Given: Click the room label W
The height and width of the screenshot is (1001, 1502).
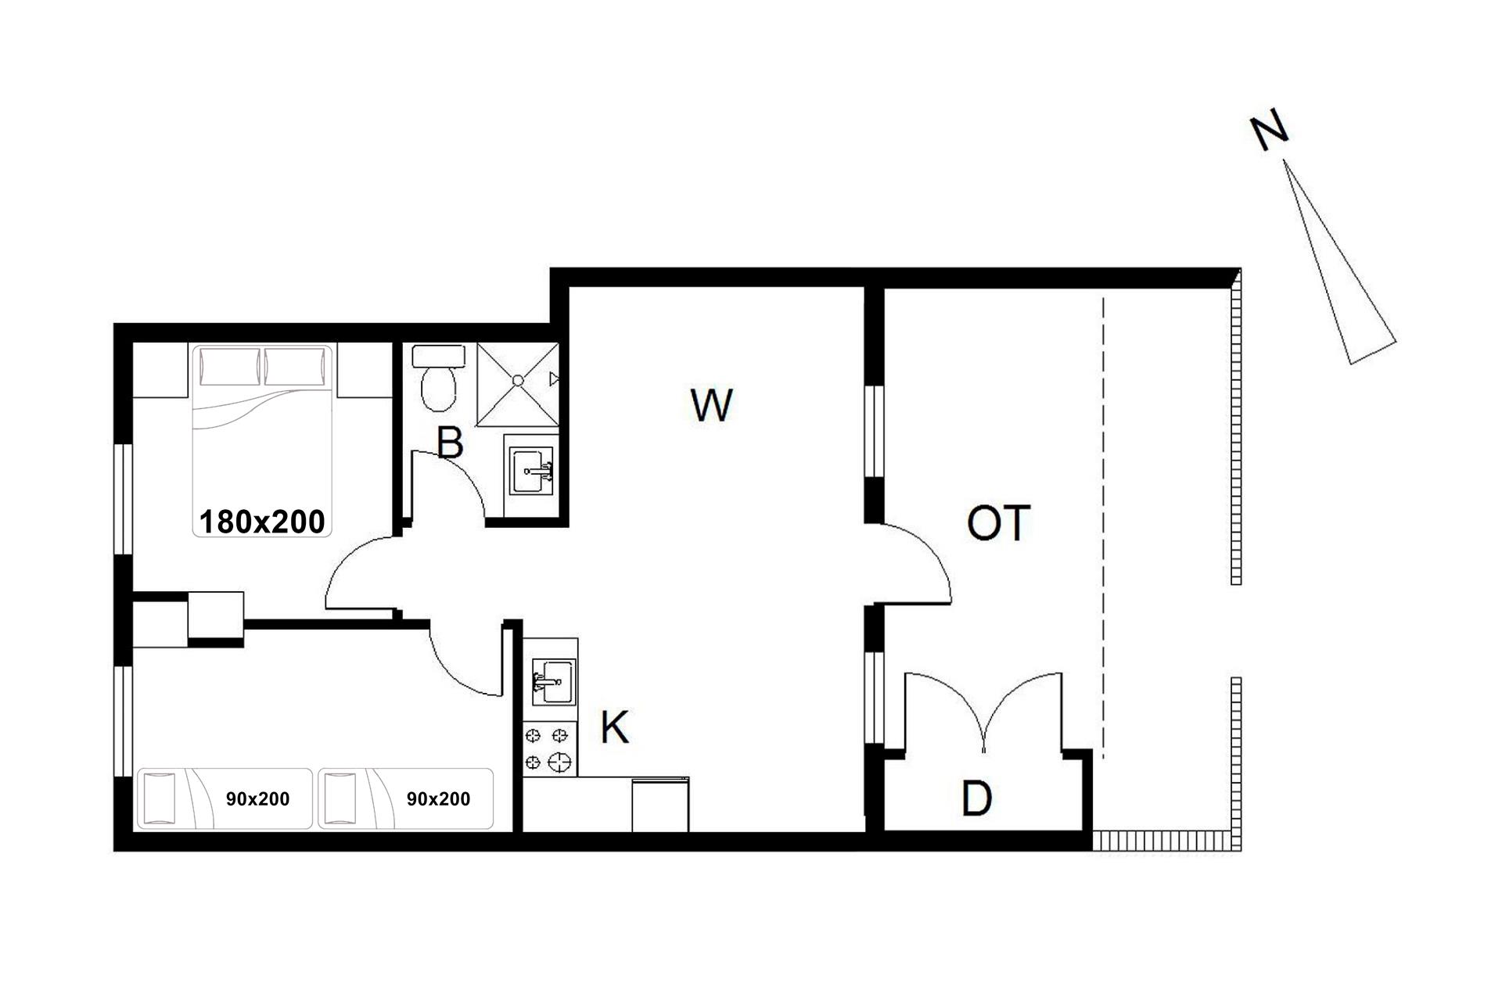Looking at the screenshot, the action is coord(712,404).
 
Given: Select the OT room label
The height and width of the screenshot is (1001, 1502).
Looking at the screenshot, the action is coord(998,523).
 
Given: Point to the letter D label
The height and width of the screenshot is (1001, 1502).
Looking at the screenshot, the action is coord(976,798).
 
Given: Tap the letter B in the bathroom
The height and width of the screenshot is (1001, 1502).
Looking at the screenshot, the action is coord(450,442).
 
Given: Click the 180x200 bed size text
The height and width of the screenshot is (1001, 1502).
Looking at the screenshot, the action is coord(262,522).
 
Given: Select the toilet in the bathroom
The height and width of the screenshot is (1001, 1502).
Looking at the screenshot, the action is coord(439,379).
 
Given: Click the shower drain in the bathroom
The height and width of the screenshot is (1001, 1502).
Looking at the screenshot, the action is coord(518,381).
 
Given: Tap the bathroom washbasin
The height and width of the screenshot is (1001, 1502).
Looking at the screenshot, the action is coord(532,471).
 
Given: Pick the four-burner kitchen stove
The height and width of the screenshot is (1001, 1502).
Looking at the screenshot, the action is coord(550,748).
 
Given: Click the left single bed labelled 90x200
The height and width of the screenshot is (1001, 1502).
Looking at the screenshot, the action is coord(225,798).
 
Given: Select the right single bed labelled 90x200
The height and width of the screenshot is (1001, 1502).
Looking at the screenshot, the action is coord(405,798).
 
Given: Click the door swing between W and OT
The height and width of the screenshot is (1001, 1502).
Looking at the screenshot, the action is coord(931,547).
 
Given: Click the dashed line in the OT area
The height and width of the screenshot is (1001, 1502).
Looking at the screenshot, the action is coord(1103,528).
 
